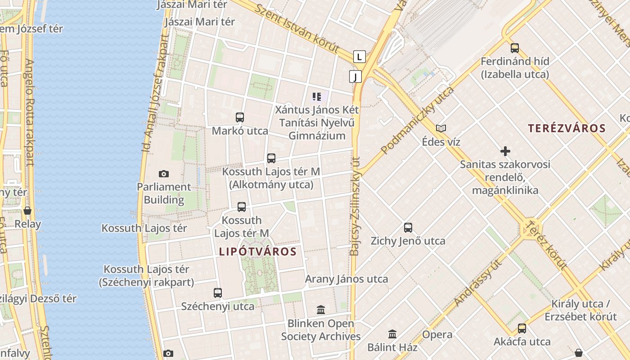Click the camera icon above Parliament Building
(164, 174)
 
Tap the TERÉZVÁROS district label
(567, 128)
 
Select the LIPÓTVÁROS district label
(258, 252)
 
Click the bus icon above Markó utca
(240, 117)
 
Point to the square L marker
(359, 57)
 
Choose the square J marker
(355, 76)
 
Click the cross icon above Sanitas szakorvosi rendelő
(505, 151)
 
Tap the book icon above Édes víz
(441, 129)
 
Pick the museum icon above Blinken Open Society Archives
(321, 310)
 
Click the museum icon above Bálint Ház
(392, 334)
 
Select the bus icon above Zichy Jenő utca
(408, 227)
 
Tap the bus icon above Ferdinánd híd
(515, 48)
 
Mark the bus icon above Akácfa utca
(522, 328)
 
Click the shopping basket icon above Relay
(27, 211)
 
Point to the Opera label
(437, 334)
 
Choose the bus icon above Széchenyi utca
(218, 293)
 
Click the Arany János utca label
(346, 279)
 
